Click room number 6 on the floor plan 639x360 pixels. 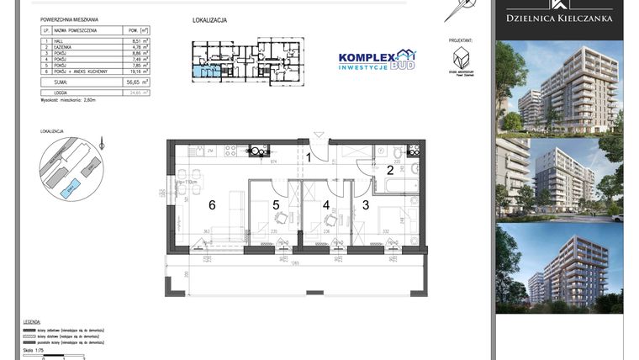coord(213,204)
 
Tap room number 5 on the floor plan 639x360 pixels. coord(276,204)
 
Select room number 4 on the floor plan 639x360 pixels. coord(325,204)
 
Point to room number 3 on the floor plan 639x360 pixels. coord(366,204)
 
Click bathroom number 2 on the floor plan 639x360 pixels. coord(390,170)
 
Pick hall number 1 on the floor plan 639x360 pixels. coord(309,156)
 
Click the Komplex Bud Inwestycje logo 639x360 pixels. coord(376,60)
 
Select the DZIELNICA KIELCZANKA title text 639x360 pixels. coord(558,18)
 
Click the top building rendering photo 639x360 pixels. coord(558,87)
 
